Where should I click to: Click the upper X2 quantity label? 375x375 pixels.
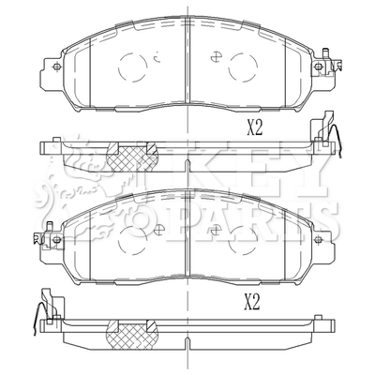click(x=255, y=128)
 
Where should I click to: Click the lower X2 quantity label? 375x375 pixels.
click(x=252, y=302)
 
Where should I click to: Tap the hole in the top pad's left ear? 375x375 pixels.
click(x=56, y=67)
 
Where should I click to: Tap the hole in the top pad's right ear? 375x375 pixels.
click(x=318, y=67)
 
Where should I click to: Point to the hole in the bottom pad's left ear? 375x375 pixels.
click(x=56, y=240)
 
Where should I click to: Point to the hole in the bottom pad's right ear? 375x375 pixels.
click(x=318, y=240)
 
